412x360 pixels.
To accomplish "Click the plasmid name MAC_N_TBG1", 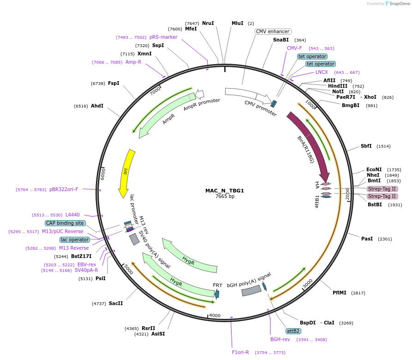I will click(x=225, y=191).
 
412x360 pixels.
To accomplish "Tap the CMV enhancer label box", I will click(x=273, y=31).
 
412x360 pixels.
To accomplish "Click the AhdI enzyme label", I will click(x=97, y=106).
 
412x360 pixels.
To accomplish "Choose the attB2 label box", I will click(x=293, y=331).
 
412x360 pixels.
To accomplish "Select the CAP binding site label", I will click(x=65, y=223).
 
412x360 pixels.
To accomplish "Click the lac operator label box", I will click(x=75, y=240).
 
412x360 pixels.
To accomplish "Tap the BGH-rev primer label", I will click(x=280, y=339).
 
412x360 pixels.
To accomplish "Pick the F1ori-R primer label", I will click(x=240, y=352).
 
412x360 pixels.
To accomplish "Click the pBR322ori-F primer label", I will click(x=64, y=189).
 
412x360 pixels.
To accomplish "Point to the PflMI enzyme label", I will click(x=340, y=293).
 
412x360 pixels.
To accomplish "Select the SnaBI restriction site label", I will click(x=281, y=40).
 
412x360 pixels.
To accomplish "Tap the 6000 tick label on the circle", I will click(x=103, y=174).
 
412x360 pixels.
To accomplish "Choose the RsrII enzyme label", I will click(x=149, y=328).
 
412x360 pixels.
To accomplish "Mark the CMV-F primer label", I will click(x=294, y=48).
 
